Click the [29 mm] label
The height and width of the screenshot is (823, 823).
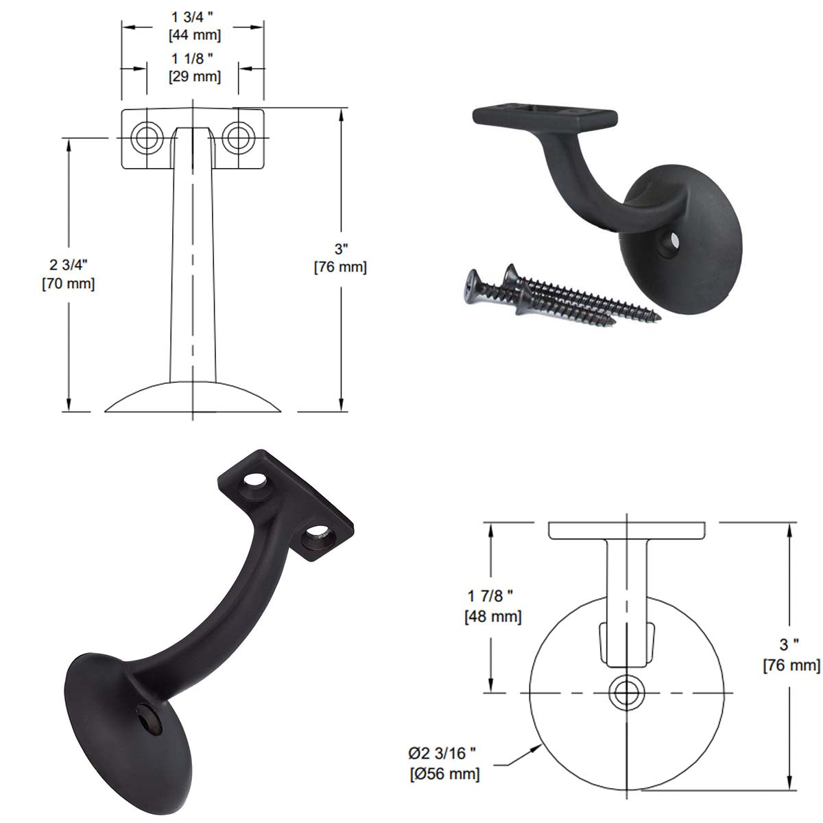coord(195,77)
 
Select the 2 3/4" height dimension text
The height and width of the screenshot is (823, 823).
coord(68,264)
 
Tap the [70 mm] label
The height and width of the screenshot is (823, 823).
coord(68,283)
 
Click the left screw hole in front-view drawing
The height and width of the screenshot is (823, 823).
coord(145,136)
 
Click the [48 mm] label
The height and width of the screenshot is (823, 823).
coord(492,617)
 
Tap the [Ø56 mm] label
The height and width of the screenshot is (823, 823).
coord(445,774)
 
